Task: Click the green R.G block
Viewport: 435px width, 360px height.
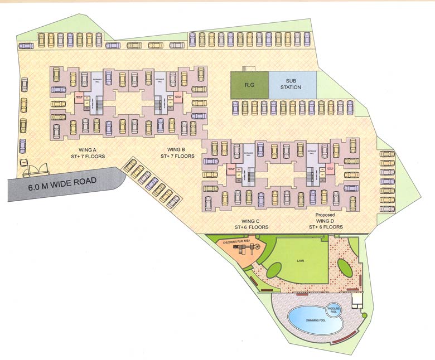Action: click(x=250, y=86)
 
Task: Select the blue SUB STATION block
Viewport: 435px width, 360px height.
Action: click(x=292, y=86)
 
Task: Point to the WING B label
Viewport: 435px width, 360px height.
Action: click(x=177, y=149)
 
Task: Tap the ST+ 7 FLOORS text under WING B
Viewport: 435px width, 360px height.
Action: click(x=177, y=157)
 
